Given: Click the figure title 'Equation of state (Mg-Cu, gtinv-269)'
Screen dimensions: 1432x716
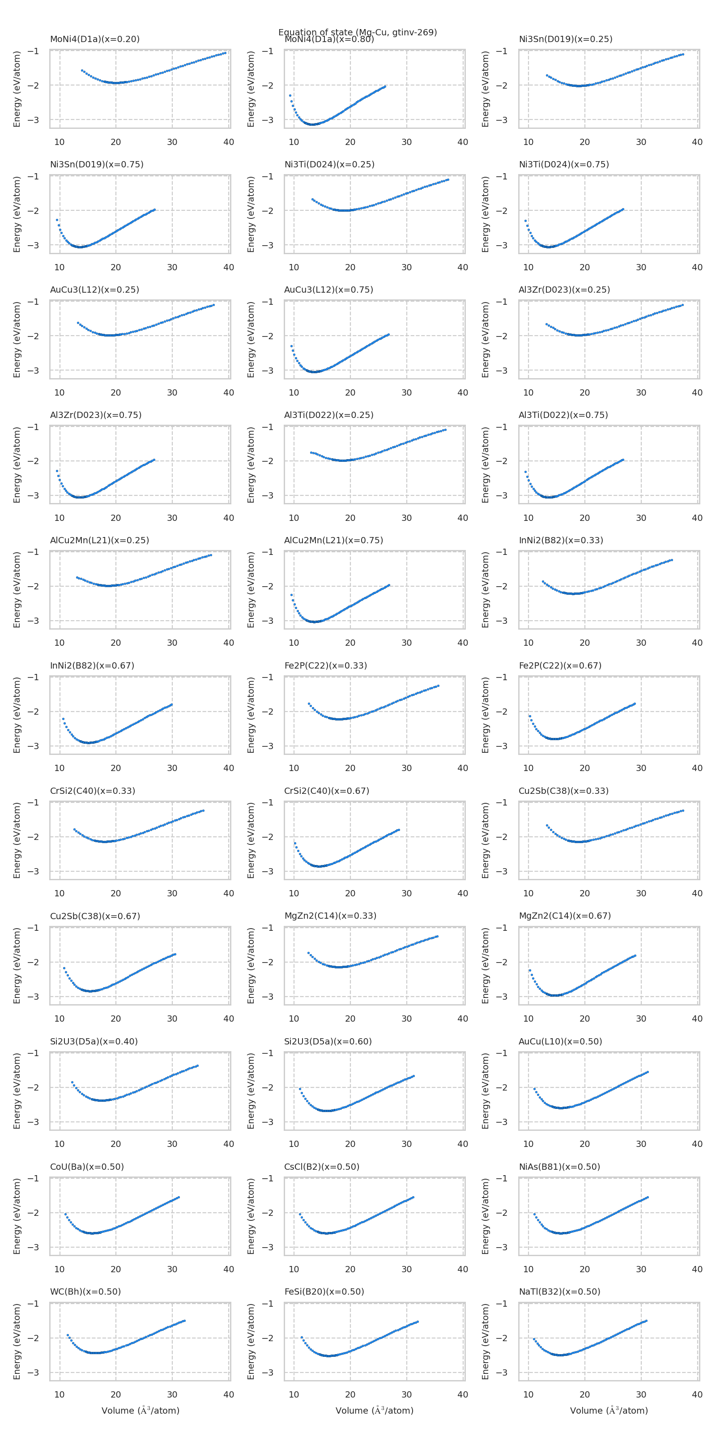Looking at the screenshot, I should [x=358, y=32].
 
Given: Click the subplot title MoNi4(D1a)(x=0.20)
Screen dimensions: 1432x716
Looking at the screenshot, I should [x=94, y=39].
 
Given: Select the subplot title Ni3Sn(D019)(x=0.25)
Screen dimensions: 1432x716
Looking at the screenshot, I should [x=565, y=39].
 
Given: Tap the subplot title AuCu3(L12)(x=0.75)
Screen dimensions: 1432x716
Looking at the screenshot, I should [x=328, y=290].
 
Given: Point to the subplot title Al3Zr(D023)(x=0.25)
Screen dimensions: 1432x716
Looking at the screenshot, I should [x=564, y=290].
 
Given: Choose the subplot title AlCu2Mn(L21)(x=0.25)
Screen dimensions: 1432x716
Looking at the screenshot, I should [x=99, y=540].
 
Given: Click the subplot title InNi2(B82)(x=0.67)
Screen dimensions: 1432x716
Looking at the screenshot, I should [x=92, y=665].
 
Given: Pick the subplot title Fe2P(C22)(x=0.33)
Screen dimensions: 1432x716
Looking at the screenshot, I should [x=326, y=665].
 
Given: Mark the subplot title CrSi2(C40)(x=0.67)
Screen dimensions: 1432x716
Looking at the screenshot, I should [x=326, y=790].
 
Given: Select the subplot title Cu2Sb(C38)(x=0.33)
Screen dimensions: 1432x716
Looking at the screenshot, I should [x=563, y=790].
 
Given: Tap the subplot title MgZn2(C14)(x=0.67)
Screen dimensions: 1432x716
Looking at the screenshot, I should [x=565, y=916].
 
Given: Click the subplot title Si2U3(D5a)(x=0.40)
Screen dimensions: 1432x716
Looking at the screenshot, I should [x=94, y=1041].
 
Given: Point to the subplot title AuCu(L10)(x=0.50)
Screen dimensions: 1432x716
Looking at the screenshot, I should [x=560, y=1041].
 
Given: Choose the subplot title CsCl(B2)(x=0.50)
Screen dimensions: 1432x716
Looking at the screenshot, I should [x=322, y=1166].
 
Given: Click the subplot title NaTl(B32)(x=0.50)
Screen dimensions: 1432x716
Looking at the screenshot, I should [x=559, y=1291].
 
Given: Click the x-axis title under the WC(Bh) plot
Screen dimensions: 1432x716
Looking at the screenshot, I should [x=140, y=1411].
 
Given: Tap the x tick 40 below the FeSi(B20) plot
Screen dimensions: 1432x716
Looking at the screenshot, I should [x=463, y=1394].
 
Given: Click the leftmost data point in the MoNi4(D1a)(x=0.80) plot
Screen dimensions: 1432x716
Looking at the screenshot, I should [x=290, y=96].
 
